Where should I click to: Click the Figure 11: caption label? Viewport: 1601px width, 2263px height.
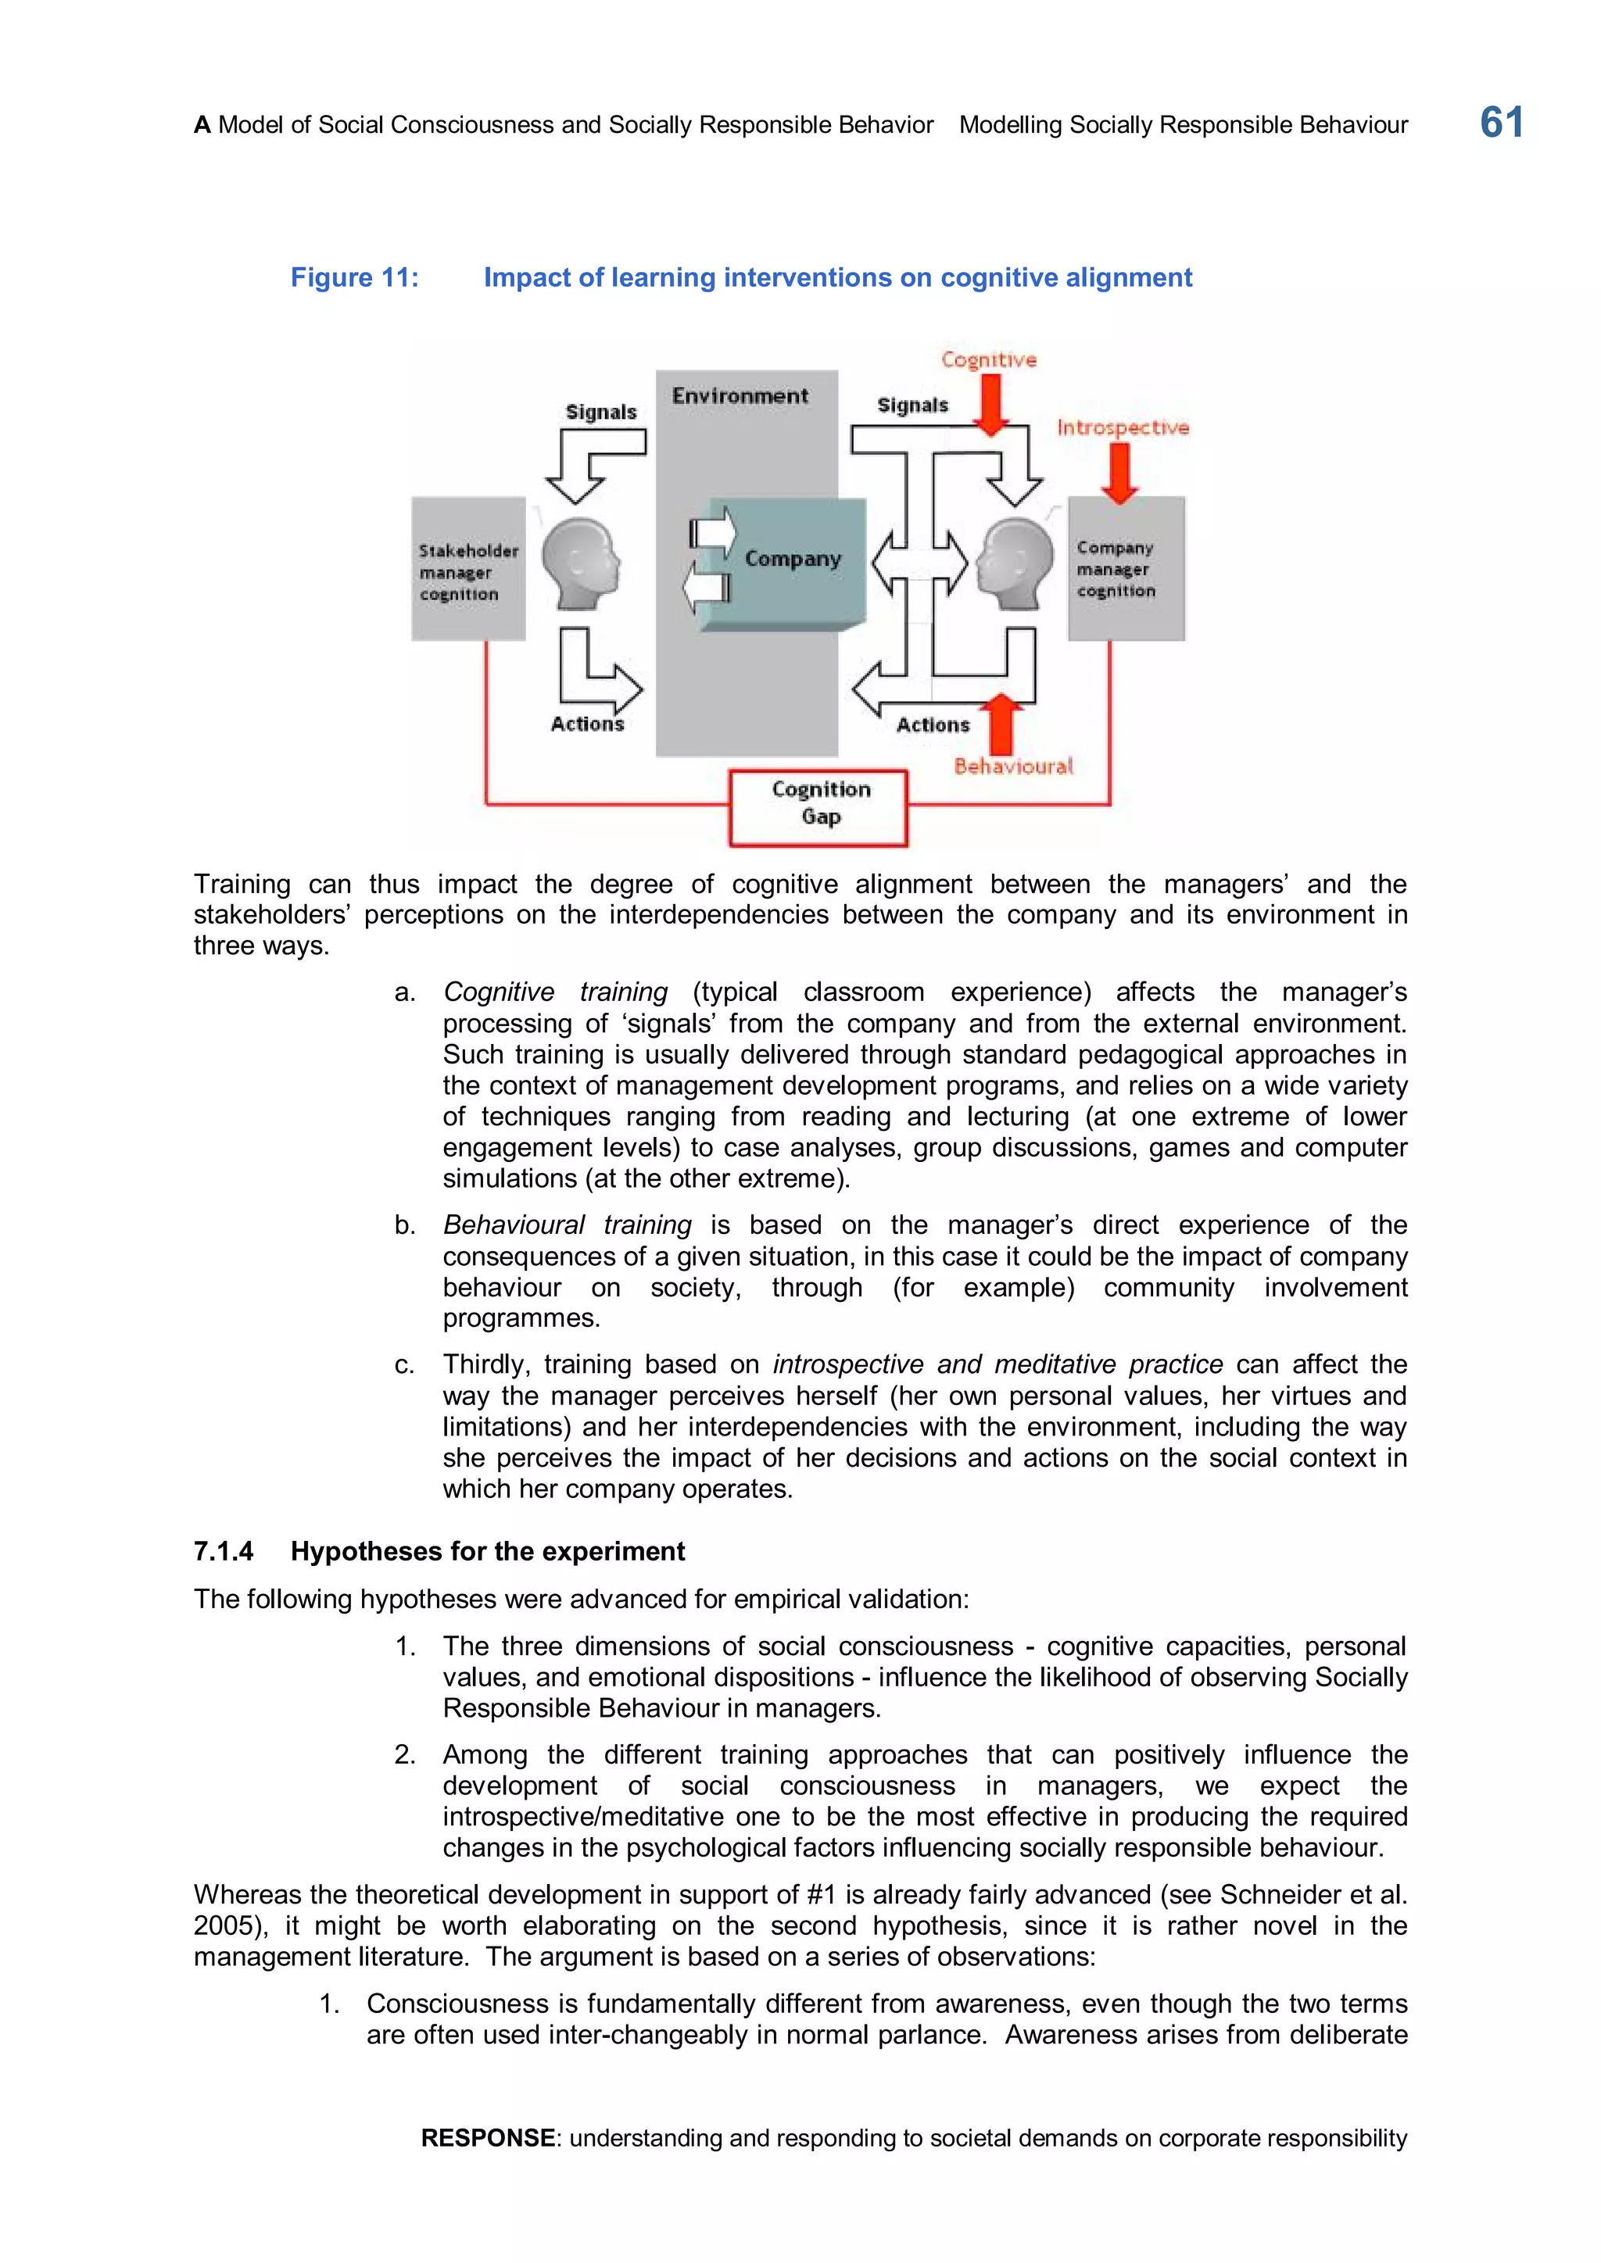354,278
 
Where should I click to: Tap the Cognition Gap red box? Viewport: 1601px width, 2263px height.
818,807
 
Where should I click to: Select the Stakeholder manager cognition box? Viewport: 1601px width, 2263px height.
468,570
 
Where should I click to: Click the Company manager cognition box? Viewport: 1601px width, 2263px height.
1126,569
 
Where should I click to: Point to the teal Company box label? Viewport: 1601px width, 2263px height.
793,559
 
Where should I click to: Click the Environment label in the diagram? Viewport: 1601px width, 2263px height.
740,396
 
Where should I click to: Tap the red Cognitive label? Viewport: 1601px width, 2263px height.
989,359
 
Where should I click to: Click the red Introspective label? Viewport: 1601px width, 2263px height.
1123,427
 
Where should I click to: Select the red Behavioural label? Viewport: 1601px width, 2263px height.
1012,767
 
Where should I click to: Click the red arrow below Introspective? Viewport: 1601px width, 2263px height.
1119,473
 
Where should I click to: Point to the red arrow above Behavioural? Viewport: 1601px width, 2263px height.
1003,723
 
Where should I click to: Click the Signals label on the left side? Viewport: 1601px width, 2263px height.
600,412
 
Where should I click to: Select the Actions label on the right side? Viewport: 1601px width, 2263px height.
933,725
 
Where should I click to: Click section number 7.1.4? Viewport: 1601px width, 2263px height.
224,1551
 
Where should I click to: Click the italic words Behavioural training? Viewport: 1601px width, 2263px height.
567,1225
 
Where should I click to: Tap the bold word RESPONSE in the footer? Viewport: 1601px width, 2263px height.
488,2138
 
